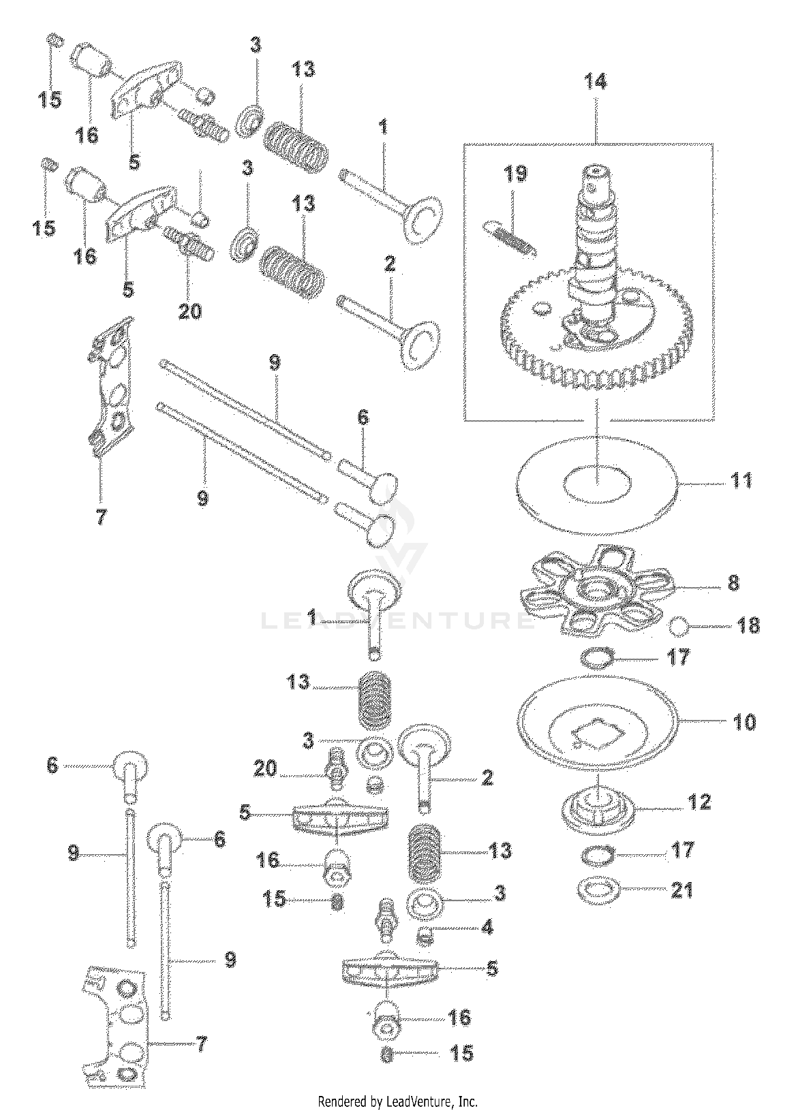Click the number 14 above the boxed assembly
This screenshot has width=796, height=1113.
pos(596,81)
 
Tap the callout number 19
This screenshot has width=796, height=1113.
pos(515,174)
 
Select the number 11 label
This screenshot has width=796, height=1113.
pos(741,481)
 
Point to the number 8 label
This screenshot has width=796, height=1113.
pos(733,583)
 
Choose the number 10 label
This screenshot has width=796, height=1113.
pos(744,722)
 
